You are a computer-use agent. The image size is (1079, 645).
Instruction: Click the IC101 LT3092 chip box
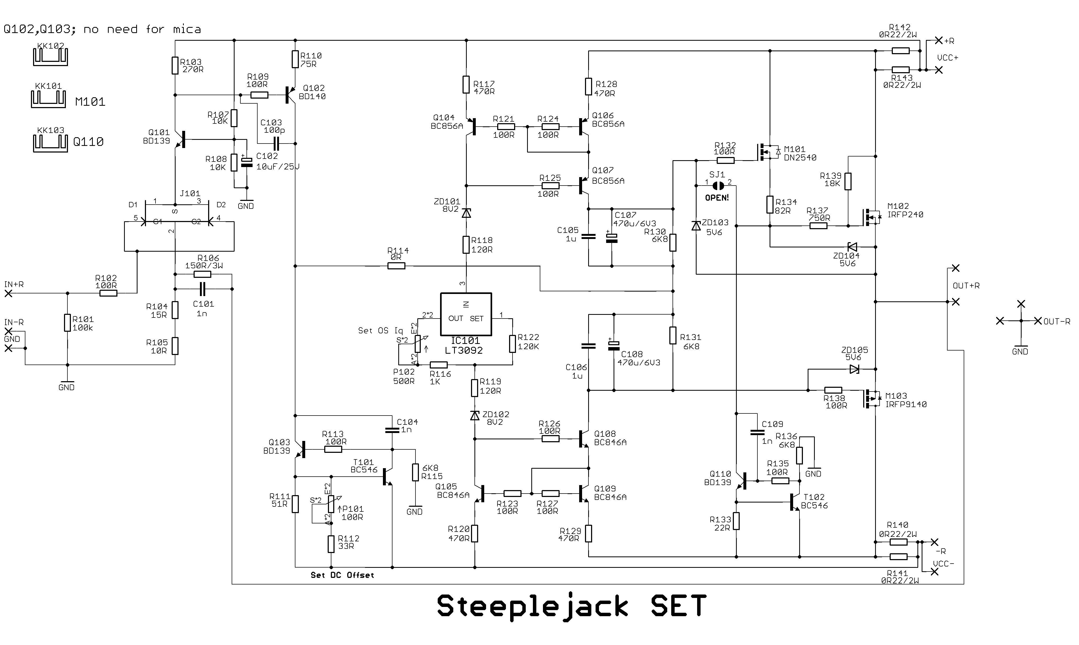click(x=466, y=314)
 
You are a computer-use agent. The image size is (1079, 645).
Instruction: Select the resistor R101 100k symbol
click(x=67, y=323)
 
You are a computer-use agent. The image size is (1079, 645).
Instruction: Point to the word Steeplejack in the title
click(x=533, y=607)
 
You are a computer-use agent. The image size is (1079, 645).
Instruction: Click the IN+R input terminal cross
click(x=8, y=293)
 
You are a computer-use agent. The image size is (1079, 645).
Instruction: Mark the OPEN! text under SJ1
click(x=717, y=198)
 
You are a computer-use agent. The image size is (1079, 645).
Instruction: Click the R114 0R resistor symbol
click(x=396, y=266)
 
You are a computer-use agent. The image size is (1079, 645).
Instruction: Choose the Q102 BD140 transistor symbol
click(x=290, y=95)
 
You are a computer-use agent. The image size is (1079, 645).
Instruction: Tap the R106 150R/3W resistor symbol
click(x=202, y=274)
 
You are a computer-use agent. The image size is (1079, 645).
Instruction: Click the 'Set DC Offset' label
click(x=342, y=575)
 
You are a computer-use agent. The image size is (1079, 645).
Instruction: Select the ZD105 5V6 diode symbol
click(x=854, y=369)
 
